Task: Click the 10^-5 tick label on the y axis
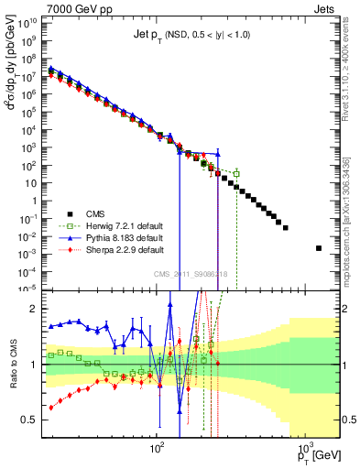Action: pyautogui.click(x=29, y=288)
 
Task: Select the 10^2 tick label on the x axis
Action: pyautogui.click(x=157, y=450)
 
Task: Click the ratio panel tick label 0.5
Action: pyautogui.click(x=32, y=420)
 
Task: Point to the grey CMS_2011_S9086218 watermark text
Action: pyautogui.click(x=191, y=276)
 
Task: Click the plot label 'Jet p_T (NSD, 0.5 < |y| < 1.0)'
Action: pyautogui.click(x=189, y=34)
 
